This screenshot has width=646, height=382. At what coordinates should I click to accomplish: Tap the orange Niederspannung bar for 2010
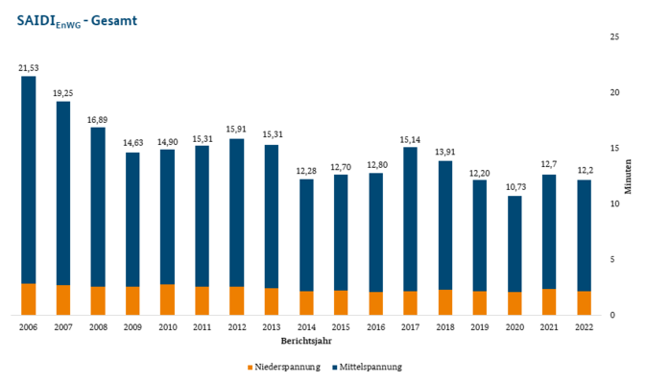tap(168, 299)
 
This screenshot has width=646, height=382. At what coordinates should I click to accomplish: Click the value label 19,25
tap(63, 93)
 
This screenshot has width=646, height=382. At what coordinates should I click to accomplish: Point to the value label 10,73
tap(515, 187)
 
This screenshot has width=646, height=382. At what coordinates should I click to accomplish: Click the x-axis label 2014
tap(307, 327)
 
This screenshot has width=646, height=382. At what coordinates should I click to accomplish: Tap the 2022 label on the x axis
tap(585, 327)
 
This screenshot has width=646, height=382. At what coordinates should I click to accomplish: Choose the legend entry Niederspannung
tap(284, 367)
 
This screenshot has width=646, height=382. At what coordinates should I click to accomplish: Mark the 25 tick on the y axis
tap(614, 36)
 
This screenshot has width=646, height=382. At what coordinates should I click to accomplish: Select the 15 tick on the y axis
tap(614, 148)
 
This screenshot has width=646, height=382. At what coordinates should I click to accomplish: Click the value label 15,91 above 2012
tap(237, 130)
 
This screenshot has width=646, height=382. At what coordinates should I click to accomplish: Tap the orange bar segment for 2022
tap(585, 303)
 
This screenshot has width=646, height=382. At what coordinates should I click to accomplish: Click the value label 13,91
tap(445, 152)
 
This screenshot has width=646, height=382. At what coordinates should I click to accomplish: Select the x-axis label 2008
tap(98, 327)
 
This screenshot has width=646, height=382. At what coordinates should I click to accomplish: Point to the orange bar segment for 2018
tap(445, 302)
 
